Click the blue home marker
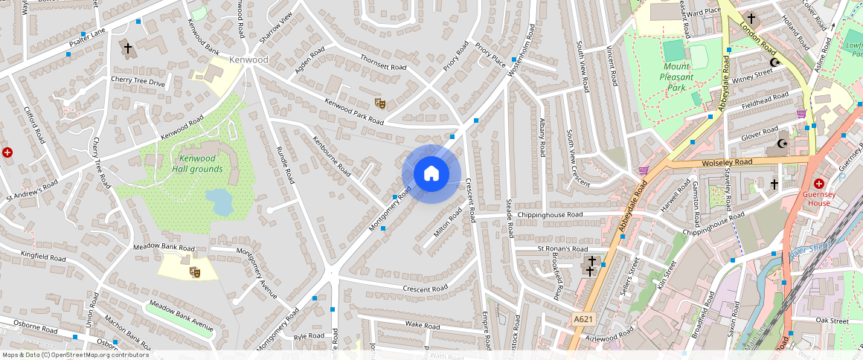pos(431,174)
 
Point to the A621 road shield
pos(584,319)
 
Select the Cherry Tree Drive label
pos(138,82)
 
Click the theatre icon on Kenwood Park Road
pos(379,103)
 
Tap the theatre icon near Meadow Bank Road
pos(195,272)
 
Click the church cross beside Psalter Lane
pos(127,50)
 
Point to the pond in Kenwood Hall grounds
pos(218,202)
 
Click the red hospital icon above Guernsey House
pos(819,183)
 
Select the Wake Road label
pos(423,325)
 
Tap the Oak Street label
pos(831,321)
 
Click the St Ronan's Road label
pos(562,248)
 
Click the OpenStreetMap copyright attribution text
pos(74,355)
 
